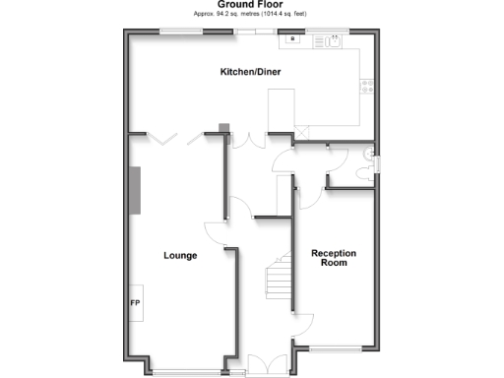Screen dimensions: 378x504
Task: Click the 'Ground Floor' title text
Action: pos(251,5)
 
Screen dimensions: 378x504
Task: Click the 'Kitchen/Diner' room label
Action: pos(251,73)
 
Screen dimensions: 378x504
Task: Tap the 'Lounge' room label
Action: pos(180,256)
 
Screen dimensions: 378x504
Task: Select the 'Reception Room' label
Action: pos(334,258)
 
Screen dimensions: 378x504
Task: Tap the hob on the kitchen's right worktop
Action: pos(366,86)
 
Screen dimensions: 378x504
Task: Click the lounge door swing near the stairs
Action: pos(217,234)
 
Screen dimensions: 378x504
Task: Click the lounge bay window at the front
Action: pos(188,372)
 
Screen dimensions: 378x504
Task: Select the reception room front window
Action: pos(335,349)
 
